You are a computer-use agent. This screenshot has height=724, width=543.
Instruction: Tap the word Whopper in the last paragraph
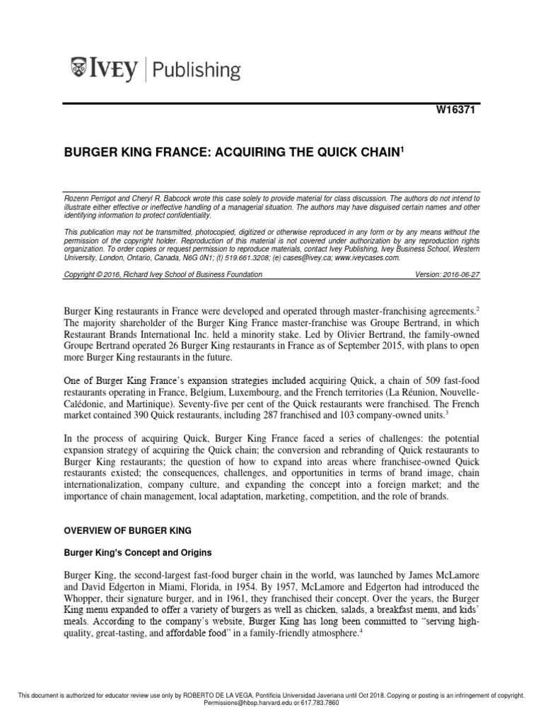click(81, 600)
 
